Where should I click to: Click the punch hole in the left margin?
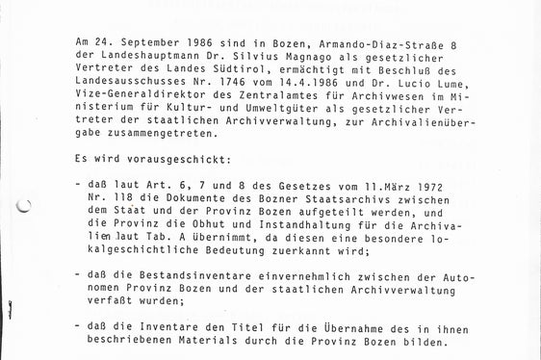tap(24, 205)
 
